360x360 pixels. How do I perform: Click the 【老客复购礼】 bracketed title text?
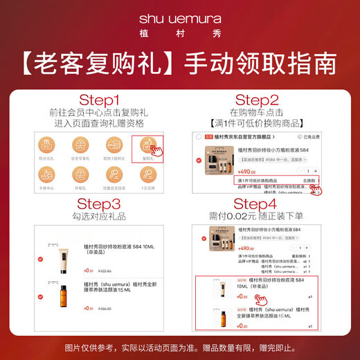coord(96,63)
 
